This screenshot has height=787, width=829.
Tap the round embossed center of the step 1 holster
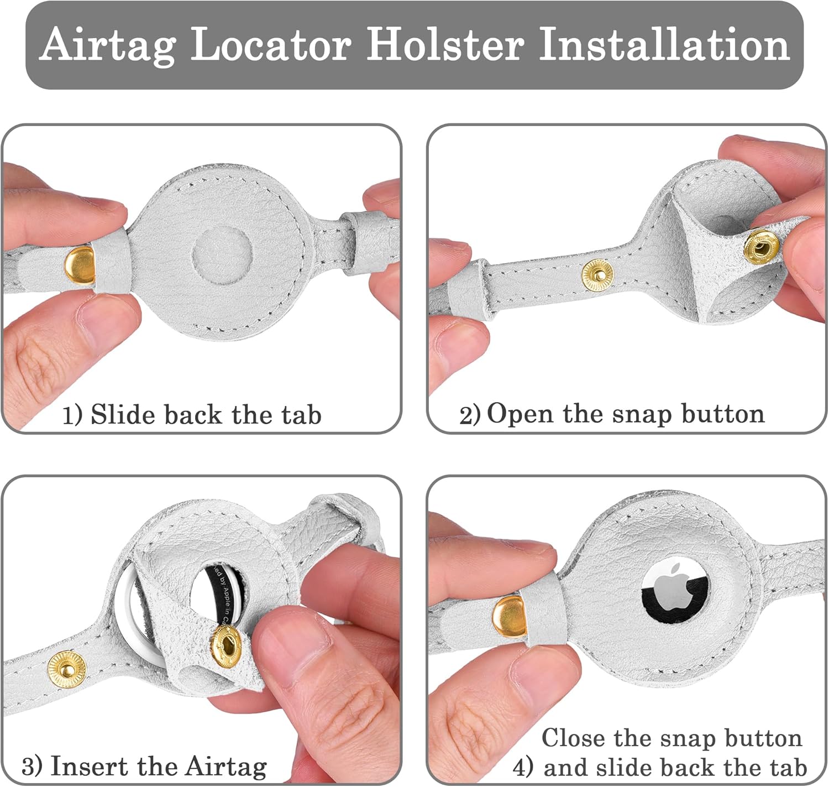tap(222, 254)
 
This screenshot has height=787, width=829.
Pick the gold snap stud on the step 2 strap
tap(597, 275)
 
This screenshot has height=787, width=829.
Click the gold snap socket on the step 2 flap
tap(761, 247)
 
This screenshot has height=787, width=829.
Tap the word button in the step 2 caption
tap(723, 414)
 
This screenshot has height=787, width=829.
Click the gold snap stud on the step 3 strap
tap(67, 669)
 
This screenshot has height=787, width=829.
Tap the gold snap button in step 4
tap(510, 617)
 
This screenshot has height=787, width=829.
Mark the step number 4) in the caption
tap(523, 767)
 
